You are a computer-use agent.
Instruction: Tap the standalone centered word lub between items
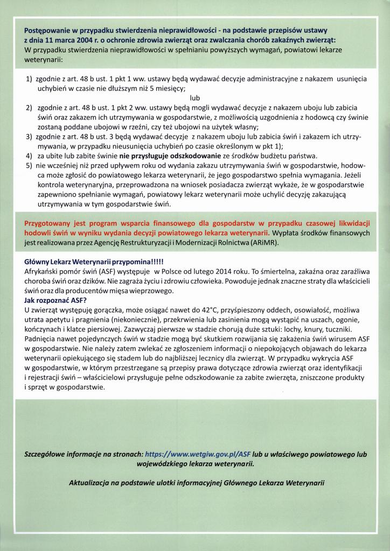click(195, 98)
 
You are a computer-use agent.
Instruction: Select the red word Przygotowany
click(51, 223)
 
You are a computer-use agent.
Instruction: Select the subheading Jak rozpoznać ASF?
click(55, 300)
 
